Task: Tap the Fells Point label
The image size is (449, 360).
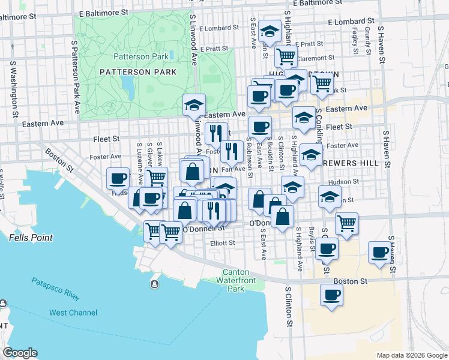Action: point(31,238)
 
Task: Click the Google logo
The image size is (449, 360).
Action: point(20,353)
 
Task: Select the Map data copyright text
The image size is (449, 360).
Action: point(411,355)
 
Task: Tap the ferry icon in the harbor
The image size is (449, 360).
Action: point(155,284)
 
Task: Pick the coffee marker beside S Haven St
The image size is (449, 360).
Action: point(379,252)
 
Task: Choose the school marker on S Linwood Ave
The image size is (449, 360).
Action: point(194,104)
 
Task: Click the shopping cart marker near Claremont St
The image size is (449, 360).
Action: point(286,56)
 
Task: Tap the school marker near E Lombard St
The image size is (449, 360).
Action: point(270,31)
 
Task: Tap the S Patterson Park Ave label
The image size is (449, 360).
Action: point(75,77)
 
